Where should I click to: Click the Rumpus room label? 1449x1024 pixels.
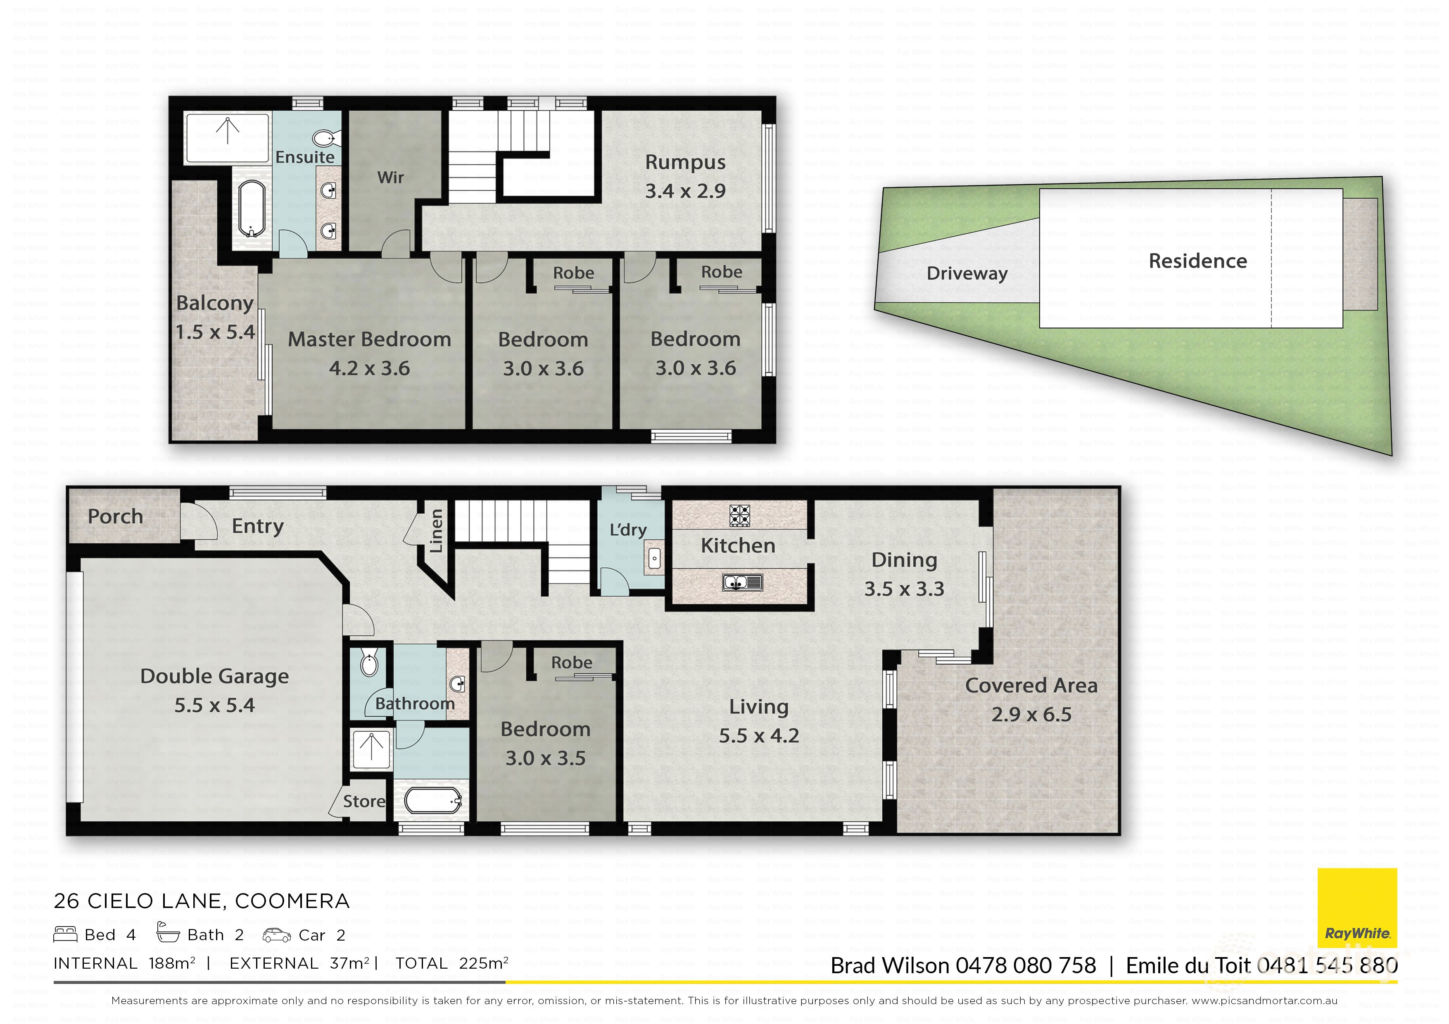coord(685,163)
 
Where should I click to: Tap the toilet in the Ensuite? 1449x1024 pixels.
coord(324,138)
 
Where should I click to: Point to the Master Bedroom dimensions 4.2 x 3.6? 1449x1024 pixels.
coord(369,368)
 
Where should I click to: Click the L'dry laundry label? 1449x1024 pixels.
coord(627,530)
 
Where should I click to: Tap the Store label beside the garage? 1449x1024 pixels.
coord(364,801)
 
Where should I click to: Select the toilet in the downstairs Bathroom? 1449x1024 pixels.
coord(368,664)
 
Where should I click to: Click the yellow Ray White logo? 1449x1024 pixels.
coord(1357,908)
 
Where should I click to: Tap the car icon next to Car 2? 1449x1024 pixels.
coord(276,935)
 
